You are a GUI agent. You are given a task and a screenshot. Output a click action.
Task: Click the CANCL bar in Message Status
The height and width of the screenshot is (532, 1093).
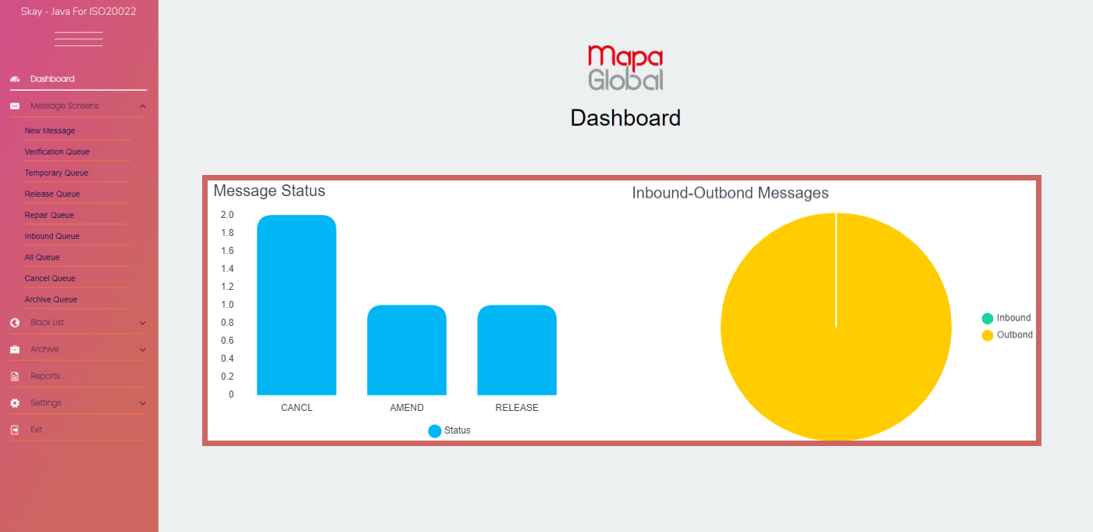(297, 305)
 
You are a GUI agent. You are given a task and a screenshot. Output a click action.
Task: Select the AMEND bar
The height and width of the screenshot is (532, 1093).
(407, 350)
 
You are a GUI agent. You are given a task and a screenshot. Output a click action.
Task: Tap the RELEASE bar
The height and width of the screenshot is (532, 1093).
(517, 350)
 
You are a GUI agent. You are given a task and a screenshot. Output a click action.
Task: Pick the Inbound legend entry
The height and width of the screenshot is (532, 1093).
(1007, 318)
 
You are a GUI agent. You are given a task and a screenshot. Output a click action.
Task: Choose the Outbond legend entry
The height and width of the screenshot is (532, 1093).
(1007, 335)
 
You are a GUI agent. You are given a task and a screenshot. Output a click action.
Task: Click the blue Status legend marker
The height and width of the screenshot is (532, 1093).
(435, 430)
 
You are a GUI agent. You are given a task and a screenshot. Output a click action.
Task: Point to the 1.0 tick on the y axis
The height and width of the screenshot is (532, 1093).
(227, 305)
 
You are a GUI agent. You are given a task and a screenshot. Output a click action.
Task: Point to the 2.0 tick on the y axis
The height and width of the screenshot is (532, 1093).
(227, 215)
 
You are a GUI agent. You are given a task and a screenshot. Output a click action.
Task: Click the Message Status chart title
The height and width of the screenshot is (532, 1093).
(269, 191)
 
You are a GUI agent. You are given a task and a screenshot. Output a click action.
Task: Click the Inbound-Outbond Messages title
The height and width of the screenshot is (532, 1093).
(730, 192)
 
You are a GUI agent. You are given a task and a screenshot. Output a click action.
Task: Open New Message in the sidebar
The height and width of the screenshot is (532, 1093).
(50, 131)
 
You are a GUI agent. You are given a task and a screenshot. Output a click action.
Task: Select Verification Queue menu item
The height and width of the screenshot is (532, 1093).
(57, 152)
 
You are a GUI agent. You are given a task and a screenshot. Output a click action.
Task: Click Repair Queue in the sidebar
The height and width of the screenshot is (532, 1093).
(49, 216)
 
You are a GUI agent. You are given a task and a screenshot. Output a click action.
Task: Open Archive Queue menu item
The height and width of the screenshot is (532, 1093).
(51, 300)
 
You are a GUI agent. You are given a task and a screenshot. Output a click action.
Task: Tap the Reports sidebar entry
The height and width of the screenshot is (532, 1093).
(45, 377)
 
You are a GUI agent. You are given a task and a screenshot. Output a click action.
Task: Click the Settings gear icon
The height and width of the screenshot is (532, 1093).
(15, 403)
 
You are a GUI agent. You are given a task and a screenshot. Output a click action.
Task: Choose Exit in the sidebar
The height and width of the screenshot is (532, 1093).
(36, 430)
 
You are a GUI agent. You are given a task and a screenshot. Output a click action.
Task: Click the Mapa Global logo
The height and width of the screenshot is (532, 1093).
(625, 68)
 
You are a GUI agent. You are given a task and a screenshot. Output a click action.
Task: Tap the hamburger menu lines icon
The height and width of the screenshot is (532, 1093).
(79, 39)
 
